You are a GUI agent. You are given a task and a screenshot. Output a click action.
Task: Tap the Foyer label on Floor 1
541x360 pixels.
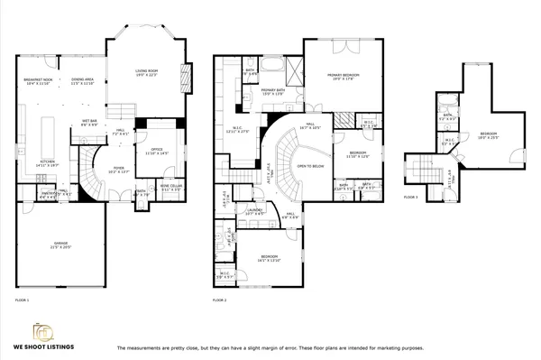coord(119,169)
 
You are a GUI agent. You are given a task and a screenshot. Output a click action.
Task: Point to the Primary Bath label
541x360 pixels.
coord(274,93)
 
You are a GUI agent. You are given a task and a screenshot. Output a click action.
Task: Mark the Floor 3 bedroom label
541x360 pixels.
coord(488,135)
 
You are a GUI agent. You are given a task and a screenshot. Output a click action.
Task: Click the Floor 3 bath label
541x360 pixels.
coord(448,117)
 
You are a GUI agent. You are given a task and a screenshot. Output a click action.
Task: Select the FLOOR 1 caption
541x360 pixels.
coord(23,299)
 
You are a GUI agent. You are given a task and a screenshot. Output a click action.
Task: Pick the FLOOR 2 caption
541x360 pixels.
coord(220,299)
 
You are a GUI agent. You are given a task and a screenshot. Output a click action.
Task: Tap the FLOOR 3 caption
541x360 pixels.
coord(410,195)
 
